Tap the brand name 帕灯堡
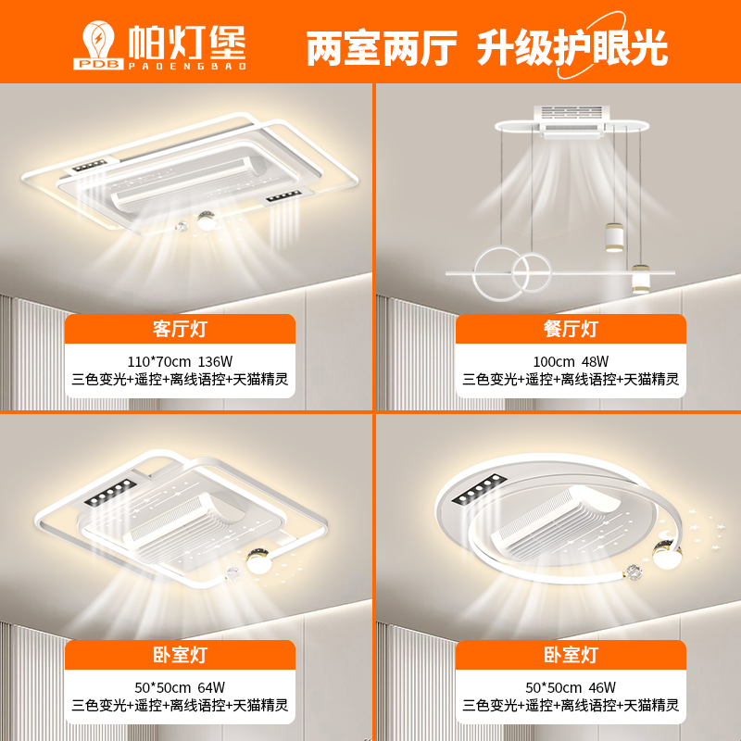(x=187, y=43)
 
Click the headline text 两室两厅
(x=382, y=48)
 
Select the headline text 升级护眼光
(x=571, y=47)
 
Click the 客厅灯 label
(x=180, y=329)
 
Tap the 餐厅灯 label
(x=571, y=329)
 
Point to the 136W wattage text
(x=215, y=361)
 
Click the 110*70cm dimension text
(x=158, y=361)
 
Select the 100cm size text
(x=554, y=361)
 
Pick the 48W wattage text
(x=595, y=361)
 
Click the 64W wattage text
(x=211, y=687)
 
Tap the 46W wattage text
(x=602, y=687)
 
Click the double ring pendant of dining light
(x=512, y=273)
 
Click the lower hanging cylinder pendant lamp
(x=641, y=279)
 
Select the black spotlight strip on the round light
(x=479, y=489)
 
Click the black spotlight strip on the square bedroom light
(x=110, y=492)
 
